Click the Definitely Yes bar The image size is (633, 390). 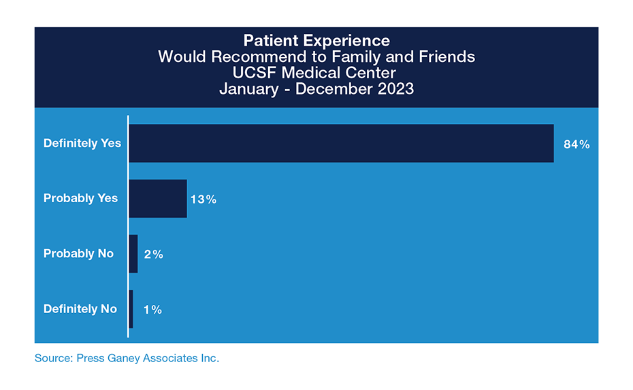click(x=341, y=144)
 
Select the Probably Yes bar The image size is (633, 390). click(x=158, y=199)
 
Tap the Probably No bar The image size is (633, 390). click(x=133, y=254)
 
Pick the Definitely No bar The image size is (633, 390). click(x=131, y=309)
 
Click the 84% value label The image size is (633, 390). click(x=576, y=144)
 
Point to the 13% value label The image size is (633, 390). click(x=203, y=199)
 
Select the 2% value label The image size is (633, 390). click(x=153, y=255)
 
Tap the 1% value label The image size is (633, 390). click(x=152, y=310)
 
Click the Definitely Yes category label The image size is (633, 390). click(x=82, y=144)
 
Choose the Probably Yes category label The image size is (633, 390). click(x=80, y=199)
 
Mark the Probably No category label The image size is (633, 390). click(x=78, y=254)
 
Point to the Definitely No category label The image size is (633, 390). click(x=80, y=309)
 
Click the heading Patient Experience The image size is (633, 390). click(x=316, y=41)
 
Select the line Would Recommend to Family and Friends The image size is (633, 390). click(x=316, y=57)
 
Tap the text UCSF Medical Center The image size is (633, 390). click(x=316, y=73)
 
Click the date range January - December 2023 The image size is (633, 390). click(x=316, y=89)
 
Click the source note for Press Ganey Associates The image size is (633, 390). click(x=127, y=358)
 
